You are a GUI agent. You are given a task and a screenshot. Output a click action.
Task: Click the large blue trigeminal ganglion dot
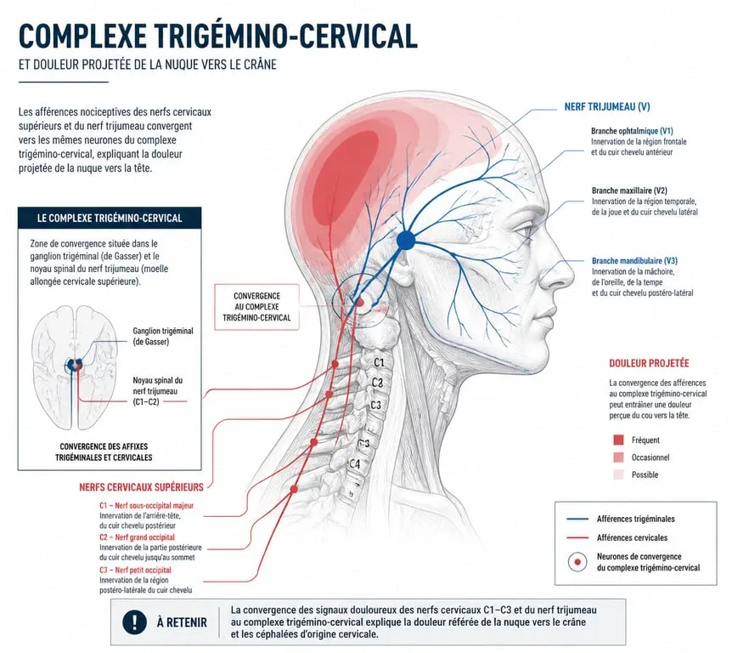coord(406,241)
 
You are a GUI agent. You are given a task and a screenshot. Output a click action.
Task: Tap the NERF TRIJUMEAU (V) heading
coord(607,106)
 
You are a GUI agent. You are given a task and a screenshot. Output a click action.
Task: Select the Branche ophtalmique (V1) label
coord(632,131)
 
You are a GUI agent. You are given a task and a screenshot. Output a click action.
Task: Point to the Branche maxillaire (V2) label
coord(629,190)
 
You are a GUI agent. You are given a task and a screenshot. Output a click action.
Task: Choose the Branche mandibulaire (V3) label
coord(634,261)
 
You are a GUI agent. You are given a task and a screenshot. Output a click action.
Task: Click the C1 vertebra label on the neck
coord(379,362)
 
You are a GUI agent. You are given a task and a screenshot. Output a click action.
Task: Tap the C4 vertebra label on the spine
coord(355,463)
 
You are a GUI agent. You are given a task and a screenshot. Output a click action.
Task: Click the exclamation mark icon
coord(134,622)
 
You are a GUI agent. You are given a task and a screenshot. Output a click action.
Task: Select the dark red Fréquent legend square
coord(618,440)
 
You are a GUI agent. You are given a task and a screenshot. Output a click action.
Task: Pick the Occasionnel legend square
coord(618,457)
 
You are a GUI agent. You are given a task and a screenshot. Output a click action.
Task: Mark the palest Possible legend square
coord(618,474)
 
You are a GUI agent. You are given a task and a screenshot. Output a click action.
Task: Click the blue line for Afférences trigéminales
coord(577,519)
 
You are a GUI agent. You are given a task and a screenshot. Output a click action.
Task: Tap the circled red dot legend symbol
coord(577,562)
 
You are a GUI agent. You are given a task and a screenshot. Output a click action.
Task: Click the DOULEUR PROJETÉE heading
coord(649,363)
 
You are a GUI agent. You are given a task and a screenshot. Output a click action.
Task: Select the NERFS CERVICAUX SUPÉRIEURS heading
coord(142,487)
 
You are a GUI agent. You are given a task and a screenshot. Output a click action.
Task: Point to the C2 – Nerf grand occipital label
coord(138,537)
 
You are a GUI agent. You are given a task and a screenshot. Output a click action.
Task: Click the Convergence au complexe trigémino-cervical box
coord(256,307)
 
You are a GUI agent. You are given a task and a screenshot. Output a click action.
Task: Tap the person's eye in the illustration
coord(525,231)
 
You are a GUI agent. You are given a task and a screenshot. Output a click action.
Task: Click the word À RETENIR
coord(182,622)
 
